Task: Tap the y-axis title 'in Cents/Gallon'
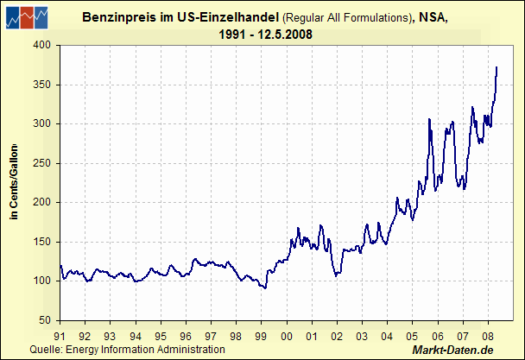pos(14,183)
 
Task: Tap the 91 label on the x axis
pos(60,336)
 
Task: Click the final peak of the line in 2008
pos(497,67)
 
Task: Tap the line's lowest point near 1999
pos(265,287)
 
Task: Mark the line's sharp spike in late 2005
pos(429,119)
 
